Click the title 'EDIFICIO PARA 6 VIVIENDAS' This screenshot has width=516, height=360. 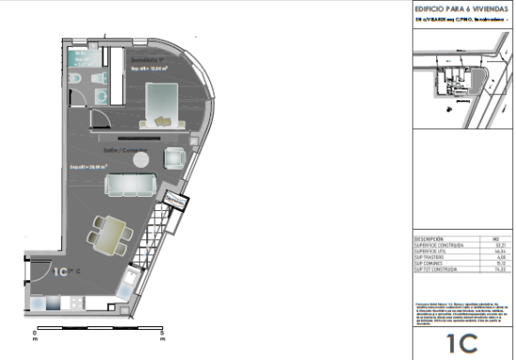click(457, 8)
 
